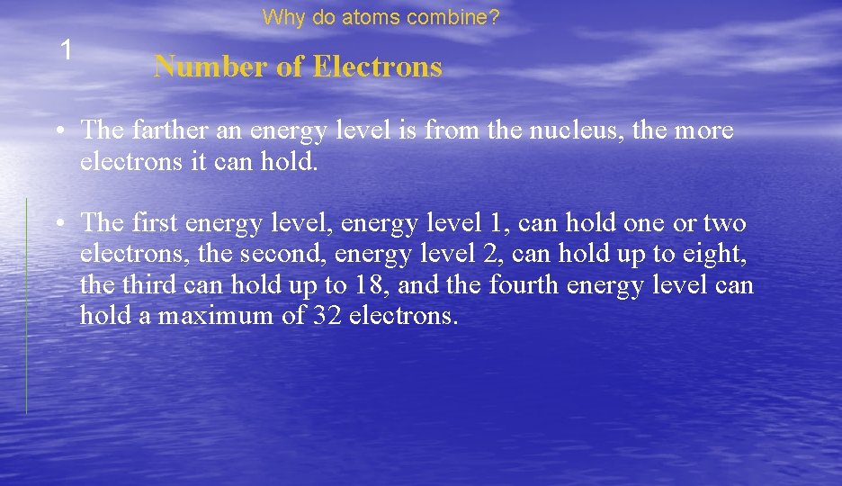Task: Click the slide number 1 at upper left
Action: [65, 50]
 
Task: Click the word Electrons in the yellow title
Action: [378, 67]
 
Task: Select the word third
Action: [145, 285]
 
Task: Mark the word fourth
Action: [523, 285]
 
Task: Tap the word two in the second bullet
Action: [724, 222]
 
